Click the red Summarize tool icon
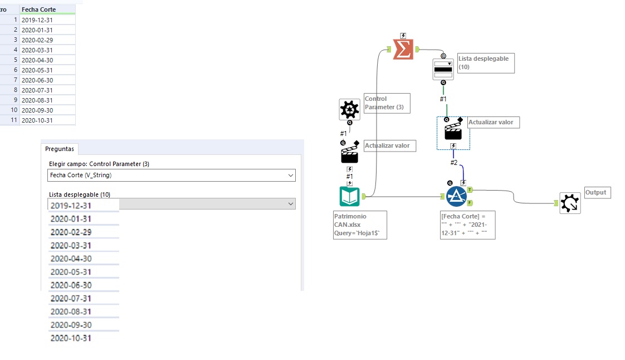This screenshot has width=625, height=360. (x=403, y=50)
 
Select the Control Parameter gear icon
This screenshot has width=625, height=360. (x=349, y=109)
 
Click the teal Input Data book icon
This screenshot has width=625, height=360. (x=349, y=196)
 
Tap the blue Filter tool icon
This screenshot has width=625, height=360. (x=456, y=196)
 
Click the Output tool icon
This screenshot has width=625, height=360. (x=570, y=203)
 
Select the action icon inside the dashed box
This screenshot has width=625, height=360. (x=453, y=130)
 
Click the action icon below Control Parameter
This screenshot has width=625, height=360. (x=349, y=153)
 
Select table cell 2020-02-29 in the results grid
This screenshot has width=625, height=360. (x=47, y=40)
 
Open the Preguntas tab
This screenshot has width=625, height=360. (x=59, y=149)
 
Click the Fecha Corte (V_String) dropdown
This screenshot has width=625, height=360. (x=172, y=176)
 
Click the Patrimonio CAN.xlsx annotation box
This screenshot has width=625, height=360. (x=359, y=225)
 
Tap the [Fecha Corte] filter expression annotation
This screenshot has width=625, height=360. (x=467, y=225)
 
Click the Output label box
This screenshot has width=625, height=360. (x=597, y=193)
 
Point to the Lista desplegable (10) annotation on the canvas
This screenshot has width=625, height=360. (x=485, y=63)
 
